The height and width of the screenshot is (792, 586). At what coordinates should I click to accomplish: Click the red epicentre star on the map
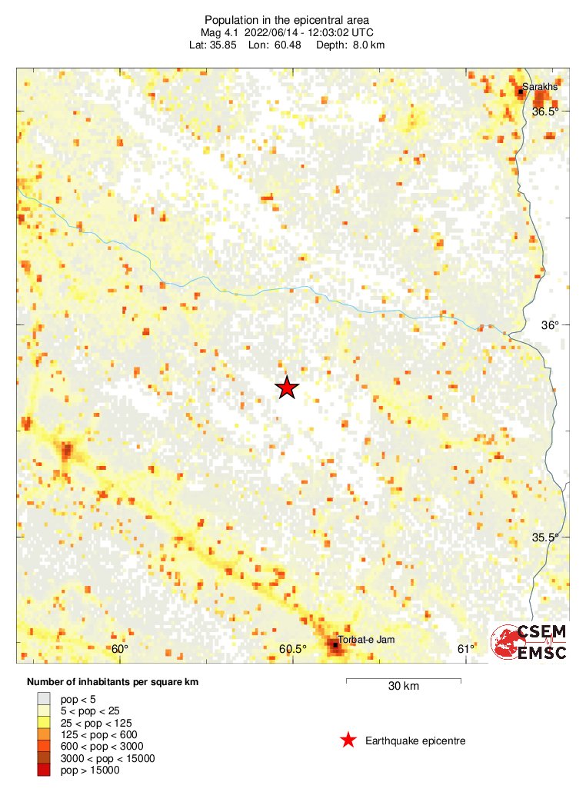287,388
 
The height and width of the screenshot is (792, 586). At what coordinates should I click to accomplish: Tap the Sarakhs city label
539,87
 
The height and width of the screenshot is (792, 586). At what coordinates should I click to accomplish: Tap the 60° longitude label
120,649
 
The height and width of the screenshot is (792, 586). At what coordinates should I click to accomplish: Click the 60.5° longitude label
293,649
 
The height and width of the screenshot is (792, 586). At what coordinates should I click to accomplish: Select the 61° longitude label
466,649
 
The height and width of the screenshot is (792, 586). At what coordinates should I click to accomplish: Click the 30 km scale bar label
403,687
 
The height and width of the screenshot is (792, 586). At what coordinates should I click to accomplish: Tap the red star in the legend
348,740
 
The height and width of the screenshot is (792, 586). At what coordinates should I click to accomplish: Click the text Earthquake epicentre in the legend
415,741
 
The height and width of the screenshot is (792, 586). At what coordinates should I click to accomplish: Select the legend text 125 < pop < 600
98,734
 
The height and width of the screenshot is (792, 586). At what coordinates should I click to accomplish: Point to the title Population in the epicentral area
286,19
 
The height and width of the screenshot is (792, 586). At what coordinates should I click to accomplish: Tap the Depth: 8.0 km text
356,45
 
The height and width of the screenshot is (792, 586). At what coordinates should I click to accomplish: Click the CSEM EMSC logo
530,642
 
